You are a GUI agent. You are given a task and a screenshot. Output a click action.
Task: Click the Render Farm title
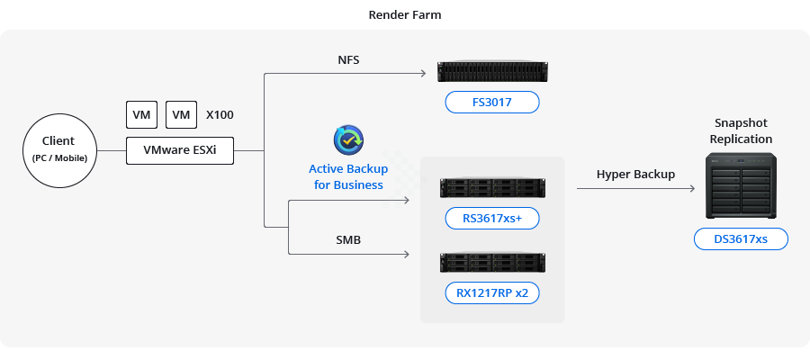click(x=404, y=15)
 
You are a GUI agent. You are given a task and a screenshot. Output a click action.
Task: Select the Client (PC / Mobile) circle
click(x=58, y=148)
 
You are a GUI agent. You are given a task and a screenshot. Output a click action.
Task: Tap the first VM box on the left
click(x=141, y=115)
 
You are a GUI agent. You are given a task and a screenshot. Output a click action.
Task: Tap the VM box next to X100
click(x=181, y=115)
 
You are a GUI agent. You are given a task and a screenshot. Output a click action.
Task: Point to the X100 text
click(x=220, y=115)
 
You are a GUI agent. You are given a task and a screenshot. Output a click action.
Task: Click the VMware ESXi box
click(x=180, y=150)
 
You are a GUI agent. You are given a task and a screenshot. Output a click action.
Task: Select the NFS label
click(x=349, y=60)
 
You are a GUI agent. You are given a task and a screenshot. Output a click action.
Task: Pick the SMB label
click(x=349, y=241)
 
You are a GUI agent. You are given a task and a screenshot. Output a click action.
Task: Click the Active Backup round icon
click(x=348, y=141)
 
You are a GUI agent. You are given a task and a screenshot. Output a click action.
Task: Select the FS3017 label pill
click(x=492, y=102)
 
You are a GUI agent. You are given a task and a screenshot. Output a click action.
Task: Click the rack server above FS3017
click(x=492, y=71)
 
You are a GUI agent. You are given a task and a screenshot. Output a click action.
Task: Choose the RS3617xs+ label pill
click(x=492, y=218)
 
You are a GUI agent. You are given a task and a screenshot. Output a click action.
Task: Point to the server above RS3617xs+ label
click(x=492, y=187)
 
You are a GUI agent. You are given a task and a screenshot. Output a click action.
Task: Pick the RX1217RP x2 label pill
click(x=492, y=292)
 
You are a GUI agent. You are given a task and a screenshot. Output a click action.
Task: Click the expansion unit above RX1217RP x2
click(x=492, y=262)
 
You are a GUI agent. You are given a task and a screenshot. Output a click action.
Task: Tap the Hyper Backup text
click(x=635, y=174)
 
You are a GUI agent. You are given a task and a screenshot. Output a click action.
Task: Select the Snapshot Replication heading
click(x=741, y=130)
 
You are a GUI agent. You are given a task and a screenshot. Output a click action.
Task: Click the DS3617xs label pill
click(x=741, y=238)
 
